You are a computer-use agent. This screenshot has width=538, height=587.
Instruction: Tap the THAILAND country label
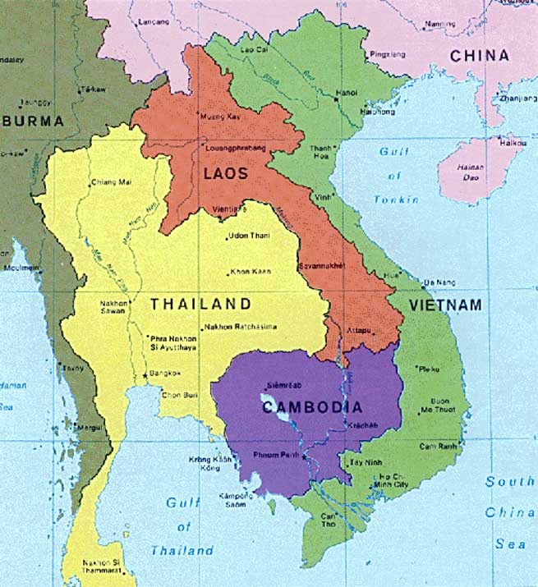coord(200,304)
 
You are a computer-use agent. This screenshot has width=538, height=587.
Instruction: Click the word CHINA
coord(479,56)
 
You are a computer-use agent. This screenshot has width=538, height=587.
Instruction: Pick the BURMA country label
coord(32,122)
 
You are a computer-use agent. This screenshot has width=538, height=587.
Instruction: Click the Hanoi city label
coord(346,93)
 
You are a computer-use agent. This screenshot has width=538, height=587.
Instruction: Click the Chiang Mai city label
coord(111,181)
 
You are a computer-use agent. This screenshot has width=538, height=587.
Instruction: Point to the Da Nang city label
coord(435,282)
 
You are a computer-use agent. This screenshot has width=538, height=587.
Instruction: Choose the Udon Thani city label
coord(250,237)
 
